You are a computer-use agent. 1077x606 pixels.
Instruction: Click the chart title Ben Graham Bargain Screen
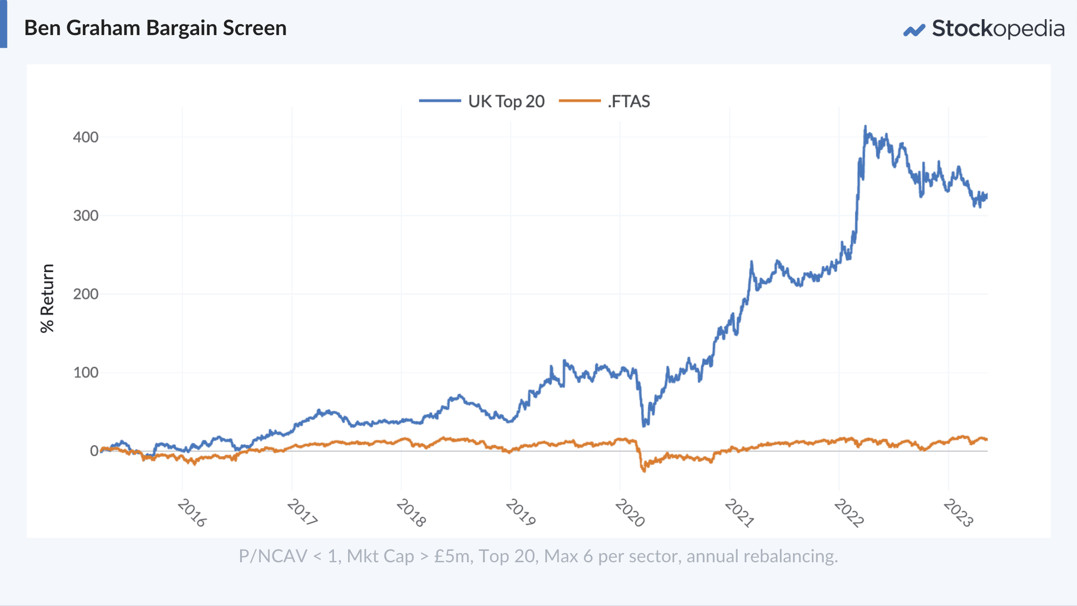(155, 28)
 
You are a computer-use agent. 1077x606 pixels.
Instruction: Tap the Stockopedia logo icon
(914, 30)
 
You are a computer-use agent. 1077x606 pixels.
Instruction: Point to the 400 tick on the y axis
(86, 137)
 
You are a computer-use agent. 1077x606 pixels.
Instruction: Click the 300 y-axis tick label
(86, 216)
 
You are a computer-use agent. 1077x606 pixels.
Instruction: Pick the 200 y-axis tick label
(86, 294)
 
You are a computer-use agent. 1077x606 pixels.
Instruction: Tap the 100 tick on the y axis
(86, 372)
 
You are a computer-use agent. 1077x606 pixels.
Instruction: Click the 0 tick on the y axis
(94, 451)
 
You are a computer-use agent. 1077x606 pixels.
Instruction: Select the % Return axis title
(47, 298)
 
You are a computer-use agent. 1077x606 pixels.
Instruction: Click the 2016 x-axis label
(192, 513)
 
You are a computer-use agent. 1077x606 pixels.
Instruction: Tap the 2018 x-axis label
(411, 513)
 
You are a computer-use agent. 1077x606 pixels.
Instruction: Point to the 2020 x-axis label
(630, 513)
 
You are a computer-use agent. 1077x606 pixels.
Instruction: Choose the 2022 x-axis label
(849, 513)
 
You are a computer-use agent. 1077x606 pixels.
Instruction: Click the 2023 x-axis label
(958, 513)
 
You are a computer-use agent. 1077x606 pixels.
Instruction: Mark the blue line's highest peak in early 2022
(865, 127)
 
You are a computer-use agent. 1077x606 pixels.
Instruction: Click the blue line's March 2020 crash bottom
(644, 426)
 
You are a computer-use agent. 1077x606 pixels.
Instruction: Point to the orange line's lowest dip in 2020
(644, 471)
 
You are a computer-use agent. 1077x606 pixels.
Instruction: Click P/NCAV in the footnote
(273, 556)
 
